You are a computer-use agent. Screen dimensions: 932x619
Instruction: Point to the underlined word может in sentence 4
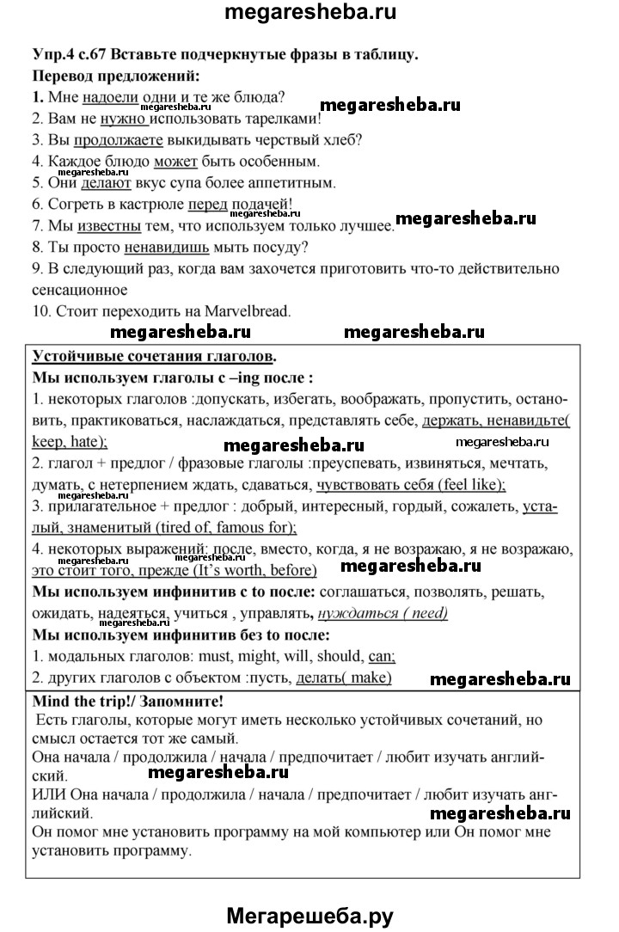176,162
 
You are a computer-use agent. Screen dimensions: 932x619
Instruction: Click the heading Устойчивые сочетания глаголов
155,356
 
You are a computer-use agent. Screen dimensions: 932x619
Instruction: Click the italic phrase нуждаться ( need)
383,614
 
